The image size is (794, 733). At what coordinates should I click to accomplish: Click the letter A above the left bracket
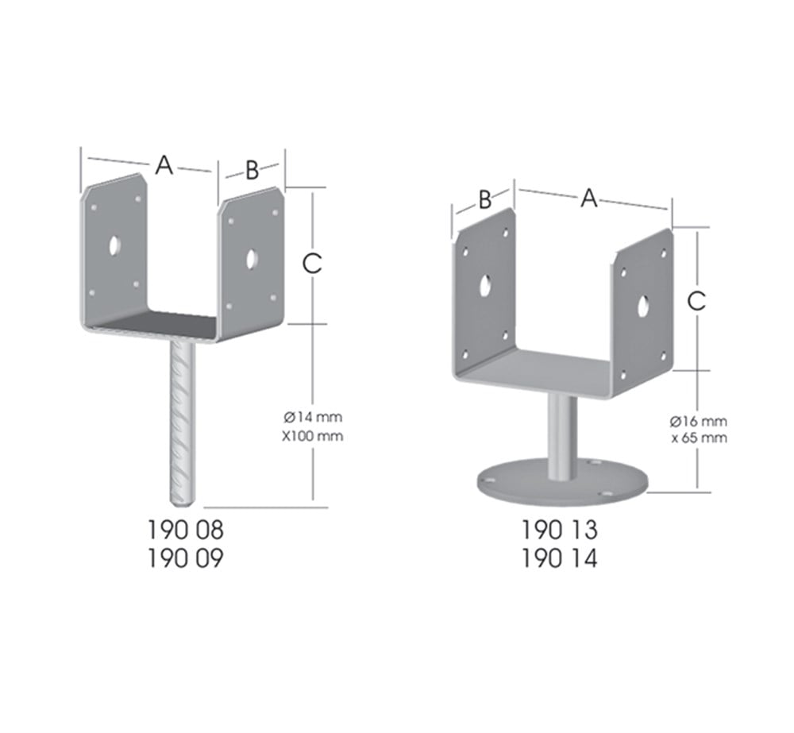pyautogui.click(x=164, y=165)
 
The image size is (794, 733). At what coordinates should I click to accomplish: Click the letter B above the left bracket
pyautogui.click(x=252, y=170)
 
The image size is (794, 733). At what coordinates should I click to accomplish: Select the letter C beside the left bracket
pyautogui.click(x=313, y=263)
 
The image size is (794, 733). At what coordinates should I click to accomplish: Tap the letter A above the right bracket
pyautogui.click(x=588, y=198)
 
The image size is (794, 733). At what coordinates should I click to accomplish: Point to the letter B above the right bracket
pyautogui.click(x=486, y=199)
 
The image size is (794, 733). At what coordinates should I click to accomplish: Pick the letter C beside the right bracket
pyautogui.click(x=696, y=301)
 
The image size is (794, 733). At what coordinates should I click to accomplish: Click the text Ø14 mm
pyautogui.click(x=313, y=416)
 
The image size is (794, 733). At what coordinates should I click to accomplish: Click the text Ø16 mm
pyautogui.click(x=698, y=421)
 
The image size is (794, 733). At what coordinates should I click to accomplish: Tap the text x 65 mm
pyautogui.click(x=698, y=438)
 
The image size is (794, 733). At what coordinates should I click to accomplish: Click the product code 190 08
pyautogui.click(x=186, y=528)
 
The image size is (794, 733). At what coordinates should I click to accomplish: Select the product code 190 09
pyautogui.click(x=186, y=558)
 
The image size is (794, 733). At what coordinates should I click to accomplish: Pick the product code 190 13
pyautogui.click(x=560, y=529)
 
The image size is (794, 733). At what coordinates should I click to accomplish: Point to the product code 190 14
pyautogui.click(x=560, y=558)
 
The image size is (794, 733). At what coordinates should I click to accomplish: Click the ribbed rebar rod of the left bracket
pyautogui.click(x=183, y=421)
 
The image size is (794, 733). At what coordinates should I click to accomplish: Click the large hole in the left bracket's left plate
pyautogui.click(x=115, y=245)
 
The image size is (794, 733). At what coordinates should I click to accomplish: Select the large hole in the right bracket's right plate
pyautogui.click(x=646, y=303)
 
